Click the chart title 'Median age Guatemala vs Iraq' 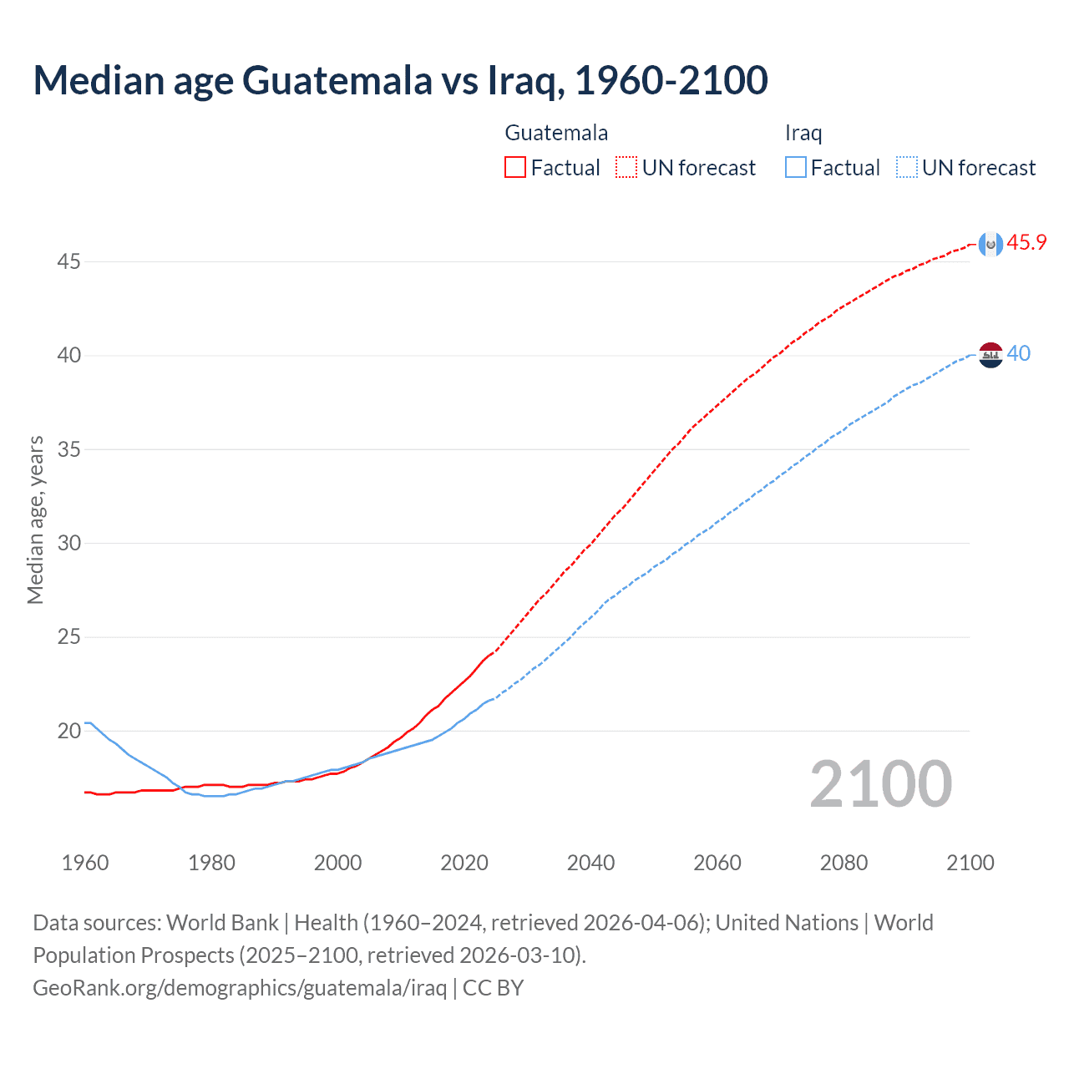400,80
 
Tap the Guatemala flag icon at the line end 990,243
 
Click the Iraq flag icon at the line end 990,355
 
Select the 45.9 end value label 1026,243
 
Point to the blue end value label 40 1019,354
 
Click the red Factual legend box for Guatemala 515,168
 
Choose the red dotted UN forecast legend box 626,168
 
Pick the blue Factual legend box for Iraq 796,168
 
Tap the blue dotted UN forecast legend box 907,168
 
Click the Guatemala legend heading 556,133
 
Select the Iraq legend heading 803,133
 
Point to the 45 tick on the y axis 68,262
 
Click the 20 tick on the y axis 68,732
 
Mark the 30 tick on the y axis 68,544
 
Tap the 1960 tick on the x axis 85,863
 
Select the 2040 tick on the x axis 590,863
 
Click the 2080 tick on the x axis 844,863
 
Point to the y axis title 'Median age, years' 35,519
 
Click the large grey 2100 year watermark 881,784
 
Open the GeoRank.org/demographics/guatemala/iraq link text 240,988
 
